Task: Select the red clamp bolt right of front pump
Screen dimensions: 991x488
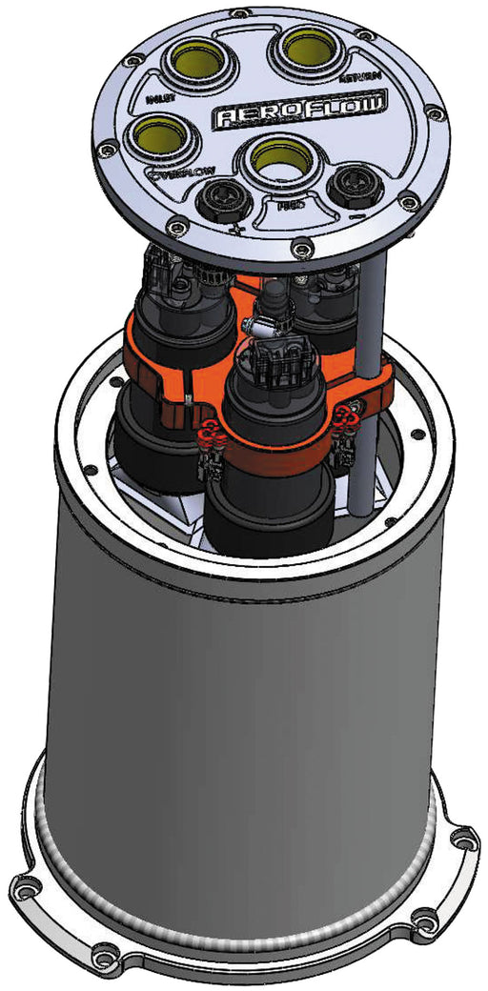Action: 342,415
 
